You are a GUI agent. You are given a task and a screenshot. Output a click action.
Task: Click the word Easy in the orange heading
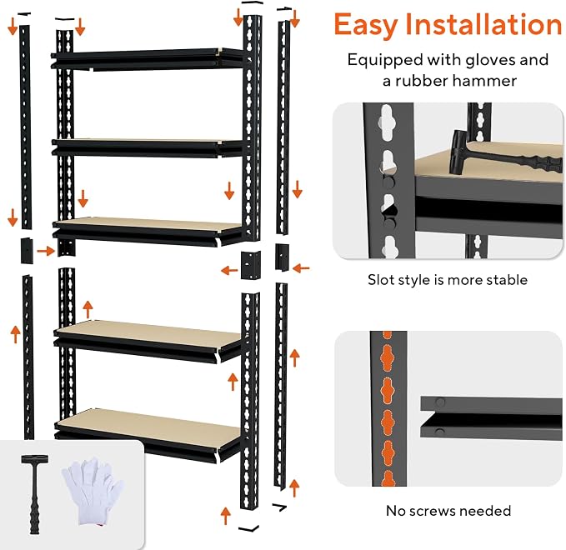tap(366, 25)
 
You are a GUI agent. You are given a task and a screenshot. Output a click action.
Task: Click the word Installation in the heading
tap(483, 24)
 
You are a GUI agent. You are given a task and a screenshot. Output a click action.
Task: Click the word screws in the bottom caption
tap(433, 511)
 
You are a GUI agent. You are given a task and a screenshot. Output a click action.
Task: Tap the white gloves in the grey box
tap(93, 490)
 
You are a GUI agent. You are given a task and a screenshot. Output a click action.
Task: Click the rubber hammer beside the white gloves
tap(35, 494)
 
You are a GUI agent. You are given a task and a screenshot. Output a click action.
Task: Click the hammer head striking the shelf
tap(459, 152)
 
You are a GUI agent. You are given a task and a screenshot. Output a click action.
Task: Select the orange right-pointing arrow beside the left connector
tap(46, 251)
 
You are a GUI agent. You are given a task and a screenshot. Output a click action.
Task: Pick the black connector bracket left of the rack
tap(27, 251)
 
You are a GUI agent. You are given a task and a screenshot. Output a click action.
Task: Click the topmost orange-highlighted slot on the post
tap(387, 335)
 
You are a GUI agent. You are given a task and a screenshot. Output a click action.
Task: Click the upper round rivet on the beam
tap(440, 402)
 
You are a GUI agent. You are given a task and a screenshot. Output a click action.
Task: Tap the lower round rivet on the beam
tap(439, 432)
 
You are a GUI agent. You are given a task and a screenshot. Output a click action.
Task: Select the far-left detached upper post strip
tap(25, 127)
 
